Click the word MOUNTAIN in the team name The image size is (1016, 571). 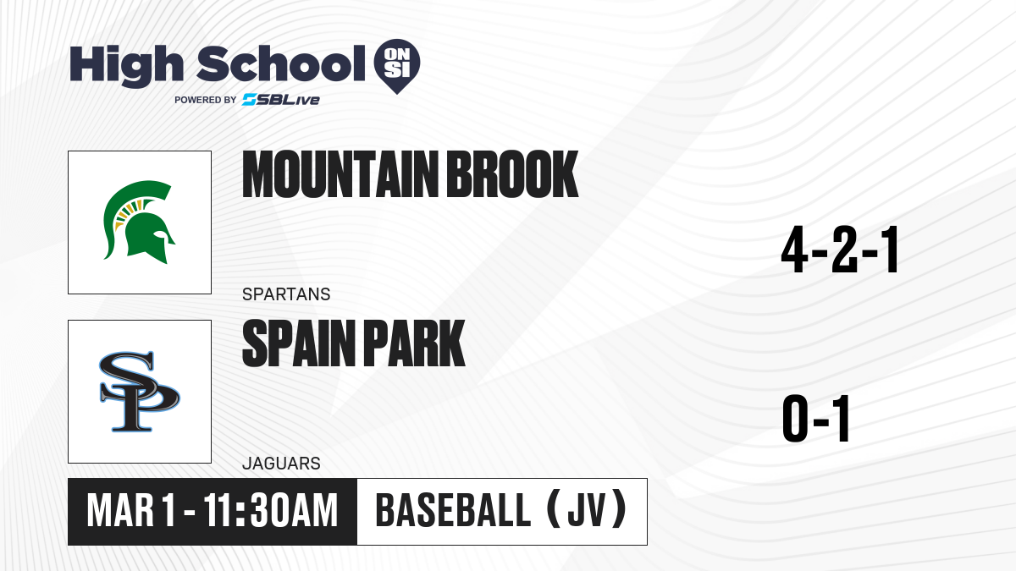tap(341, 174)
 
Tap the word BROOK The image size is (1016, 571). tap(513, 174)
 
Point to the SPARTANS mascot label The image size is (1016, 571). tap(286, 294)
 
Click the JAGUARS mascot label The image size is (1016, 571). tap(281, 464)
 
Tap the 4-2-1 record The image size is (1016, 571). tap(840, 250)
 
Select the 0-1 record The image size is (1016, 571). tap(816, 419)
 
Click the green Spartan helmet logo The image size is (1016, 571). tap(139, 222)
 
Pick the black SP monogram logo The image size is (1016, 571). tap(139, 392)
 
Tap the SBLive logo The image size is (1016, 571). tap(281, 100)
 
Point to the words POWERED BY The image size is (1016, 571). tap(206, 100)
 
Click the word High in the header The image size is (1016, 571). tap(127, 66)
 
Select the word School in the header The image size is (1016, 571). tap(281, 64)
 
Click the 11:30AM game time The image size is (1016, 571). tap(271, 511)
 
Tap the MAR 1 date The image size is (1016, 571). tap(130, 511)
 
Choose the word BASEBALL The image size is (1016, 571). tap(453, 511)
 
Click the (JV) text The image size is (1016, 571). tap(588, 509)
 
